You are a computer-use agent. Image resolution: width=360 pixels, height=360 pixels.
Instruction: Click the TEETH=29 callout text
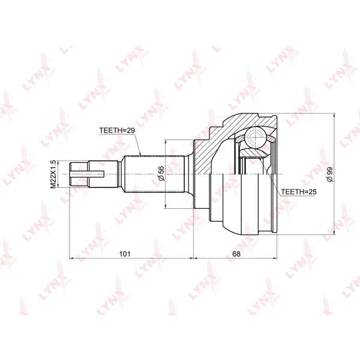117,130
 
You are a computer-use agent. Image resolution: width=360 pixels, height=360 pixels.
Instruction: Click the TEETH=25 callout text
299,192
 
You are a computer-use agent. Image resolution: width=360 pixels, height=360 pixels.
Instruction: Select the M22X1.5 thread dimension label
53,174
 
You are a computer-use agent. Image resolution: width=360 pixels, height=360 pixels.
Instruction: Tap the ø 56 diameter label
161,173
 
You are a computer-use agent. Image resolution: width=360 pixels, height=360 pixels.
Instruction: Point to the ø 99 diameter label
330,175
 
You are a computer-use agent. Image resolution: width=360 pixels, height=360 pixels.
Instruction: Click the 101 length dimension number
125,254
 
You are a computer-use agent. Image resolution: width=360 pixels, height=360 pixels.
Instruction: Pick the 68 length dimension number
236,254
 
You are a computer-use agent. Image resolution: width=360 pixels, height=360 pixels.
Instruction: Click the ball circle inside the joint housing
256,137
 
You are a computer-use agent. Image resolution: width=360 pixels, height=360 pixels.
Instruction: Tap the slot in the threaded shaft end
87,174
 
